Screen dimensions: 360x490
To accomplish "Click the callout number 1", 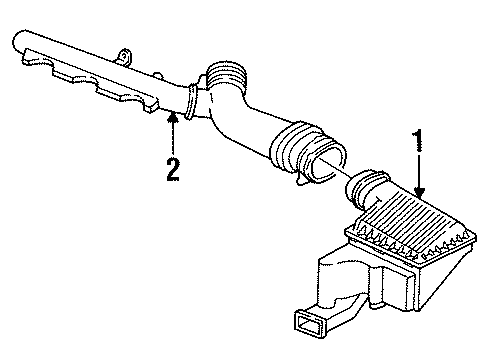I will click(415, 141).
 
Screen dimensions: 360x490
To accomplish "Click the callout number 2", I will click(173, 167).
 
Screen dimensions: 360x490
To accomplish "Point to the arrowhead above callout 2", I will click(173, 117).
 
